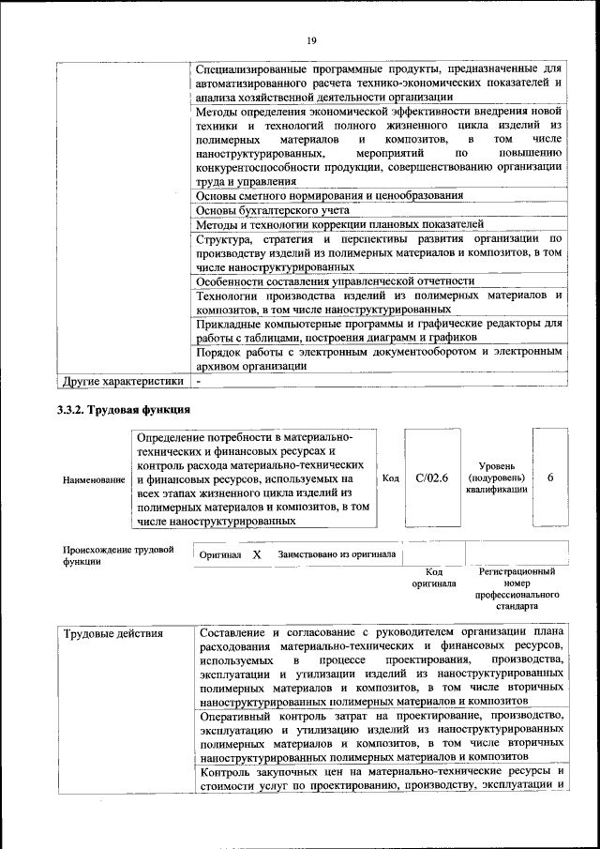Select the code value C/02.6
pyautogui.click(x=432, y=478)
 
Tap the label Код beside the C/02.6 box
pyautogui.click(x=391, y=478)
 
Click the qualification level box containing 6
pyautogui.click(x=550, y=478)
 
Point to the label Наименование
pyautogui.click(x=94, y=480)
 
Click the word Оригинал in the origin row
pyautogui.click(x=220, y=555)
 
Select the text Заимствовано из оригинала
pyautogui.click(x=336, y=555)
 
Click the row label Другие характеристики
pyautogui.click(x=122, y=382)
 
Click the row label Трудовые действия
pyautogui.click(x=113, y=634)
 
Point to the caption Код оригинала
pyautogui.click(x=433, y=577)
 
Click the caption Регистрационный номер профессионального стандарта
pyautogui.click(x=517, y=588)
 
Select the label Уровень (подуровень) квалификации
pyautogui.click(x=496, y=478)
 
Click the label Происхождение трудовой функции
pyautogui.click(x=118, y=555)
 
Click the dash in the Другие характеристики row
pyautogui.click(x=199, y=382)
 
